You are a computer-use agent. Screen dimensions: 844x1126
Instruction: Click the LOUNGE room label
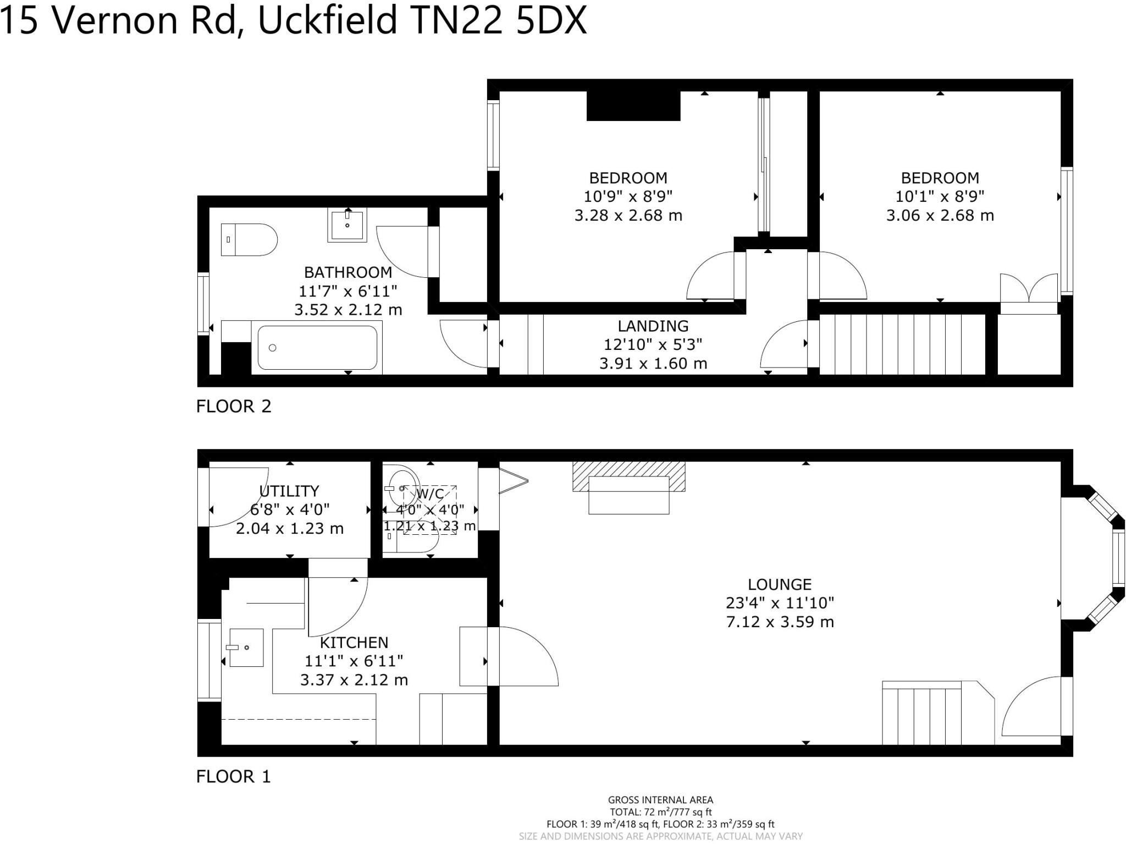pyautogui.click(x=779, y=584)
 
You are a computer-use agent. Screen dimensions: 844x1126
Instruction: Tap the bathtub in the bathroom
pyautogui.click(x=317, y=348)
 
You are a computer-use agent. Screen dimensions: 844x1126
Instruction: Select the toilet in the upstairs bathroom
pyautogui.click(x=249, y=239)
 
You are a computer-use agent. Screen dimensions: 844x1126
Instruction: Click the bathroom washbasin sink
pyautogui.click(x=347, y=225)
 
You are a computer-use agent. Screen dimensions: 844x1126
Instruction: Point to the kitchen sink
pyautogui.click(x=246, y=648)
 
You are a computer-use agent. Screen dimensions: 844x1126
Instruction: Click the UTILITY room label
pyautogui.click(x=289, y=491)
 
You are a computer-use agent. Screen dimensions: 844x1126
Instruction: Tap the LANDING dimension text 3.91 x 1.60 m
pyautogui.click(x=653, y=363)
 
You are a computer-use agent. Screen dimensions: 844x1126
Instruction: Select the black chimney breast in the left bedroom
pyautogui.click(x=633, y=106)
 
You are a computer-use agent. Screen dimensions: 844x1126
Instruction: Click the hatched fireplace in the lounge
pyautogui.click(x=628, y=476)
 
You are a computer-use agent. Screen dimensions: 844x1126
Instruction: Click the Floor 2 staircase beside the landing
pyautogui.click(x=902, y=344)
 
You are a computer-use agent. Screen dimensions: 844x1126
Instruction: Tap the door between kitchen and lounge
pyautogui.click(x=522, y=657)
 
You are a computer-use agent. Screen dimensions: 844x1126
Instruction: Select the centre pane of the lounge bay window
pyautogui.click(x=1118, y=557)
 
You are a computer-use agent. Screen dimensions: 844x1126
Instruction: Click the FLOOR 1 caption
pyautogui.click(x=234, y=776)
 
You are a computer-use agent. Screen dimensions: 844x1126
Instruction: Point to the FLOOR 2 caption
pyautogui.click(x=234, y=406)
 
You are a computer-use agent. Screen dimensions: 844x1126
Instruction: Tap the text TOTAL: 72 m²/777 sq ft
pyautogui.click(x=660, y=812)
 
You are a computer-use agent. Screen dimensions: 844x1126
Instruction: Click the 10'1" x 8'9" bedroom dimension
pyautogui.click(x=940, y=196)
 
